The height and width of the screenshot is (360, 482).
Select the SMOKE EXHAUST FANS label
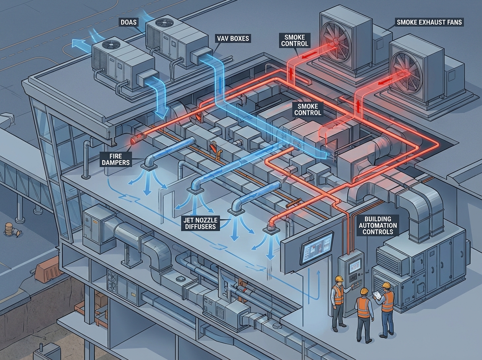429,22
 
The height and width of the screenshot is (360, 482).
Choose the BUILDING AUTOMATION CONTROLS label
380,225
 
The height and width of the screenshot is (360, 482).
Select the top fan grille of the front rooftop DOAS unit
108,45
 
